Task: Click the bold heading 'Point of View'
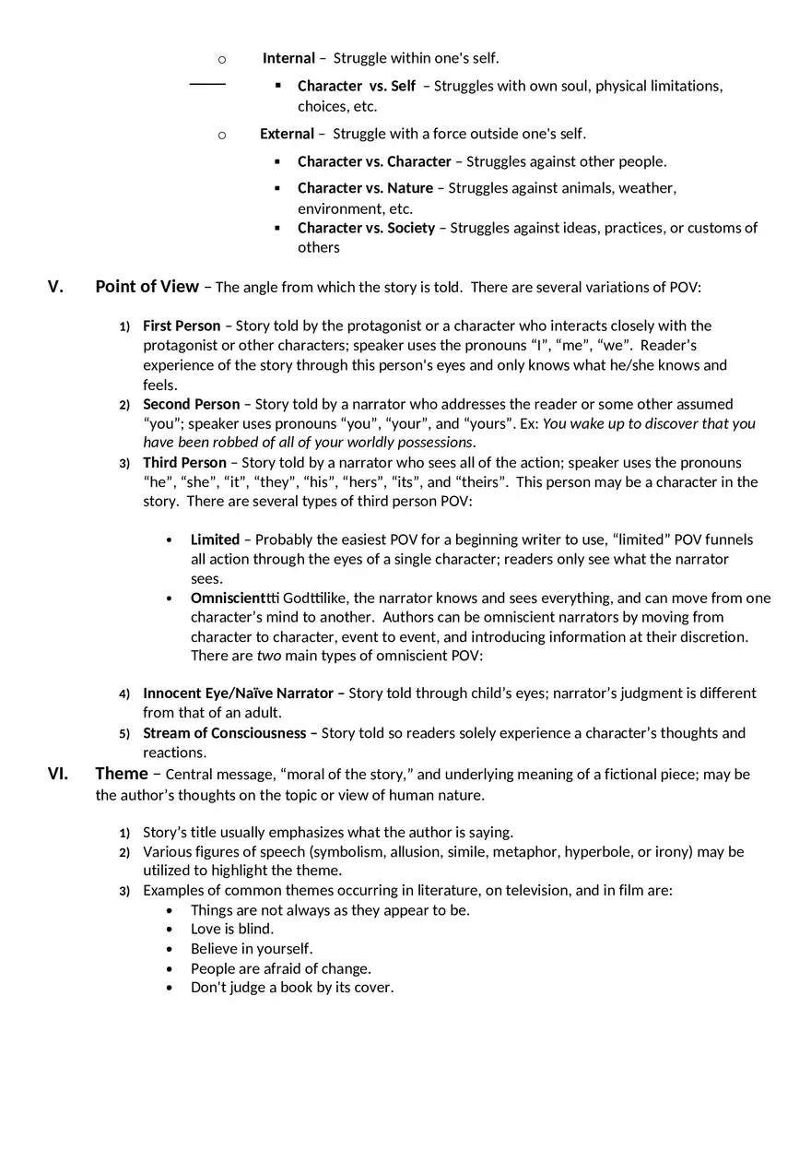(x=147, y=287)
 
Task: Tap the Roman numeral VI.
(x=57, y=774)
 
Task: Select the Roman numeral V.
(x=56, y=287)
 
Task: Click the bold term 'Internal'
(x=288, y=58)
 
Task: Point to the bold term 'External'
(x=287, y=134)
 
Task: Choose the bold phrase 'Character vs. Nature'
(x=365, y=188)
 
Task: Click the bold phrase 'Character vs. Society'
(x=366, y=228)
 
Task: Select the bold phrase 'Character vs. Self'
(x=357, y=86)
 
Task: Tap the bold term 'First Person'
(x=182, y=326)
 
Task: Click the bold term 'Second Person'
(x=191, y=404)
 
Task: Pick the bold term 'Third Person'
(x=184, y=462)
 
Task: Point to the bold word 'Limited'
(x=215, y=539)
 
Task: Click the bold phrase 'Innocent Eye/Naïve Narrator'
(x=238, y=694)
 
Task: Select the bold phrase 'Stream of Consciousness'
(x=224, y=733)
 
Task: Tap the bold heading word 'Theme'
(x=122, y=774)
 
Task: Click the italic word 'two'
(x=268, y=656)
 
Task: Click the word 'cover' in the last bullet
(x=372, y=988)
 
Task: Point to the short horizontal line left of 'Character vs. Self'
(x=207, y=84)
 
